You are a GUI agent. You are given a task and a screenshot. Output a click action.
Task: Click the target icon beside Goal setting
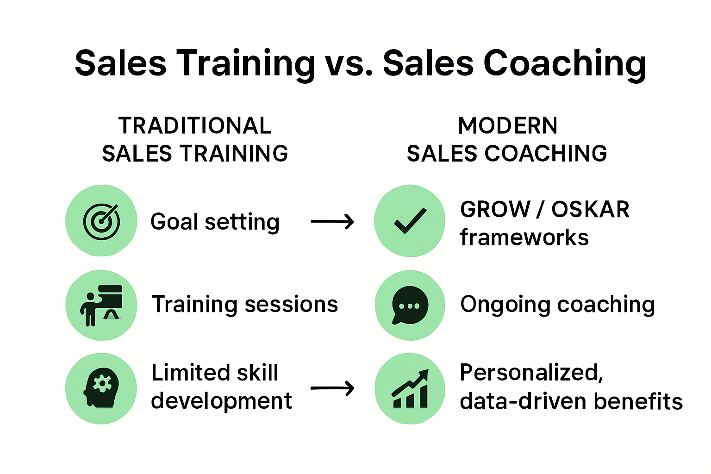(101, 221)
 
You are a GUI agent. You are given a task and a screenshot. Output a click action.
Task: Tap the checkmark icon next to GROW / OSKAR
(410, 221)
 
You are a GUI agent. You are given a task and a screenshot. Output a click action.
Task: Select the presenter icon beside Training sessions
(101, 305)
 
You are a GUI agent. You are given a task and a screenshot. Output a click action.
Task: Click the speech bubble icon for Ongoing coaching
(410, 306)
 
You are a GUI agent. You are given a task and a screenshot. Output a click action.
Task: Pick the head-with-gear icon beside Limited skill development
(101, 388)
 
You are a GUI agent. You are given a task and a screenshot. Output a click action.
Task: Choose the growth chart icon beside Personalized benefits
(410, 389)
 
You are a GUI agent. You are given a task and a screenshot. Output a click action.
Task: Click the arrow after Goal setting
(332, 222)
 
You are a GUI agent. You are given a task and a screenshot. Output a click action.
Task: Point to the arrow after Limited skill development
(332, 388)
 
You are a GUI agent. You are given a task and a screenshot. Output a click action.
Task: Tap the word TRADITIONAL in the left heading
(195, 126)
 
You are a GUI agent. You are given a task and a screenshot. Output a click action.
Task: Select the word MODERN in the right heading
(508, 126)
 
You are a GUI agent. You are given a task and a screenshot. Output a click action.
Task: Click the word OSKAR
(590, 210)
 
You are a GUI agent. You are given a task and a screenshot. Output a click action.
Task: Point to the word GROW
(495, 210)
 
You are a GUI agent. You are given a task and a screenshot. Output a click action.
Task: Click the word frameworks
(524, 237)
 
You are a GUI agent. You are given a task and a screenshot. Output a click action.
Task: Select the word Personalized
(531, 373)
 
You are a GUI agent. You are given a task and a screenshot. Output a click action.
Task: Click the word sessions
(291, 305)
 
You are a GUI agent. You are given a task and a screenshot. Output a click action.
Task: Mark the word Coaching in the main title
(565, 64)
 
